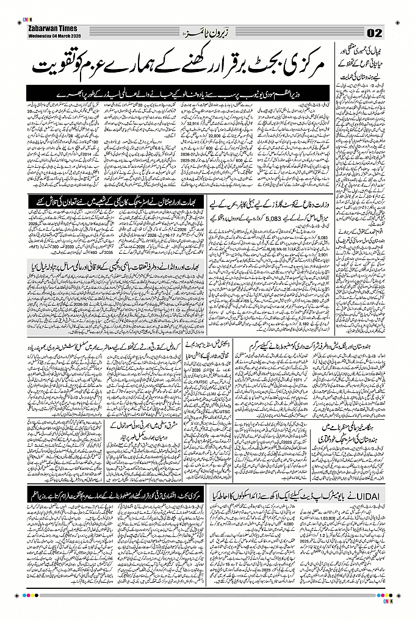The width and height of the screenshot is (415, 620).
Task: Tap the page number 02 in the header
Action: (375, 32)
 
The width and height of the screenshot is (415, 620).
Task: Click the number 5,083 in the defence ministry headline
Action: (269, 215)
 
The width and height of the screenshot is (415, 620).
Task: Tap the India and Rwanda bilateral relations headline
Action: (116, 266)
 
